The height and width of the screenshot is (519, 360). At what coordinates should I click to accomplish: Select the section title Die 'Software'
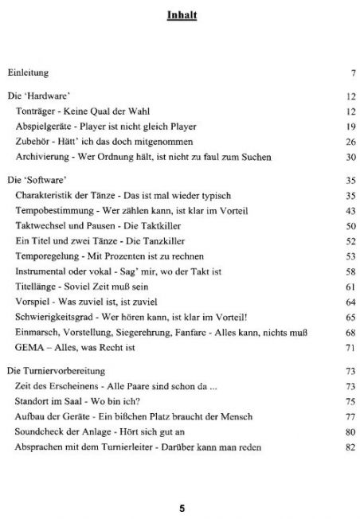coord(35,180)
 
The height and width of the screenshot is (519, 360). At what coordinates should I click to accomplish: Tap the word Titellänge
coord(37,287)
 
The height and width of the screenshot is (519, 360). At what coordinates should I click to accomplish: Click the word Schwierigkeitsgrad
coord(55,318)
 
